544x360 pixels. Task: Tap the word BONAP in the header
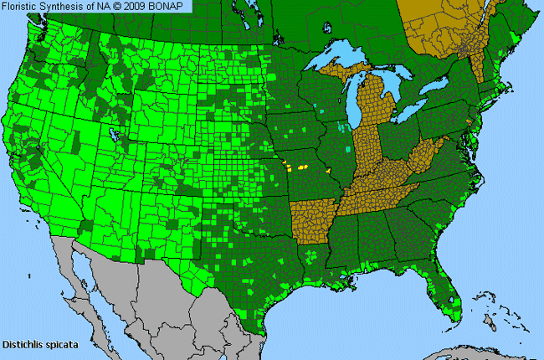coord(170,7)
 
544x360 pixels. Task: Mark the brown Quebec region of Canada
coord(435,25)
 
